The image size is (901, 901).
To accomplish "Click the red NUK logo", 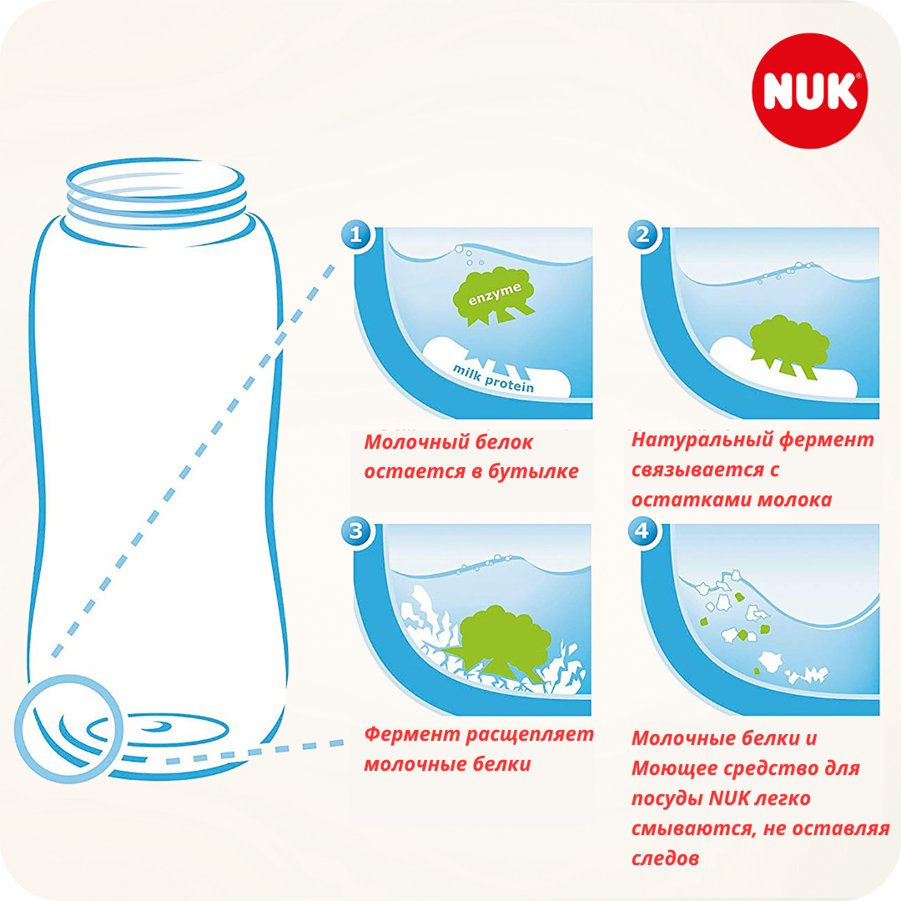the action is (809, 91).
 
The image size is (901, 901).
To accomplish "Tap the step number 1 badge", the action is (356, 234).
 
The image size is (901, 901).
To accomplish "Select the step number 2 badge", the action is (643, 234).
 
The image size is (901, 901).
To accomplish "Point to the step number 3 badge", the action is (356, 531).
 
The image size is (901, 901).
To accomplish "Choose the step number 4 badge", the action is (643, 531).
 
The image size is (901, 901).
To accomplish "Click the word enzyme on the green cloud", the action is (495, 294).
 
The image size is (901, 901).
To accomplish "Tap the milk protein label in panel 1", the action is (493, 378).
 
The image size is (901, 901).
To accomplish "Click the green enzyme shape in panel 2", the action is (789, 346).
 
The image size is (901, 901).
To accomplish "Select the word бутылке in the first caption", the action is (533, 471).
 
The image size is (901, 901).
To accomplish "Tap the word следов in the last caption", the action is (666, 858).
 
